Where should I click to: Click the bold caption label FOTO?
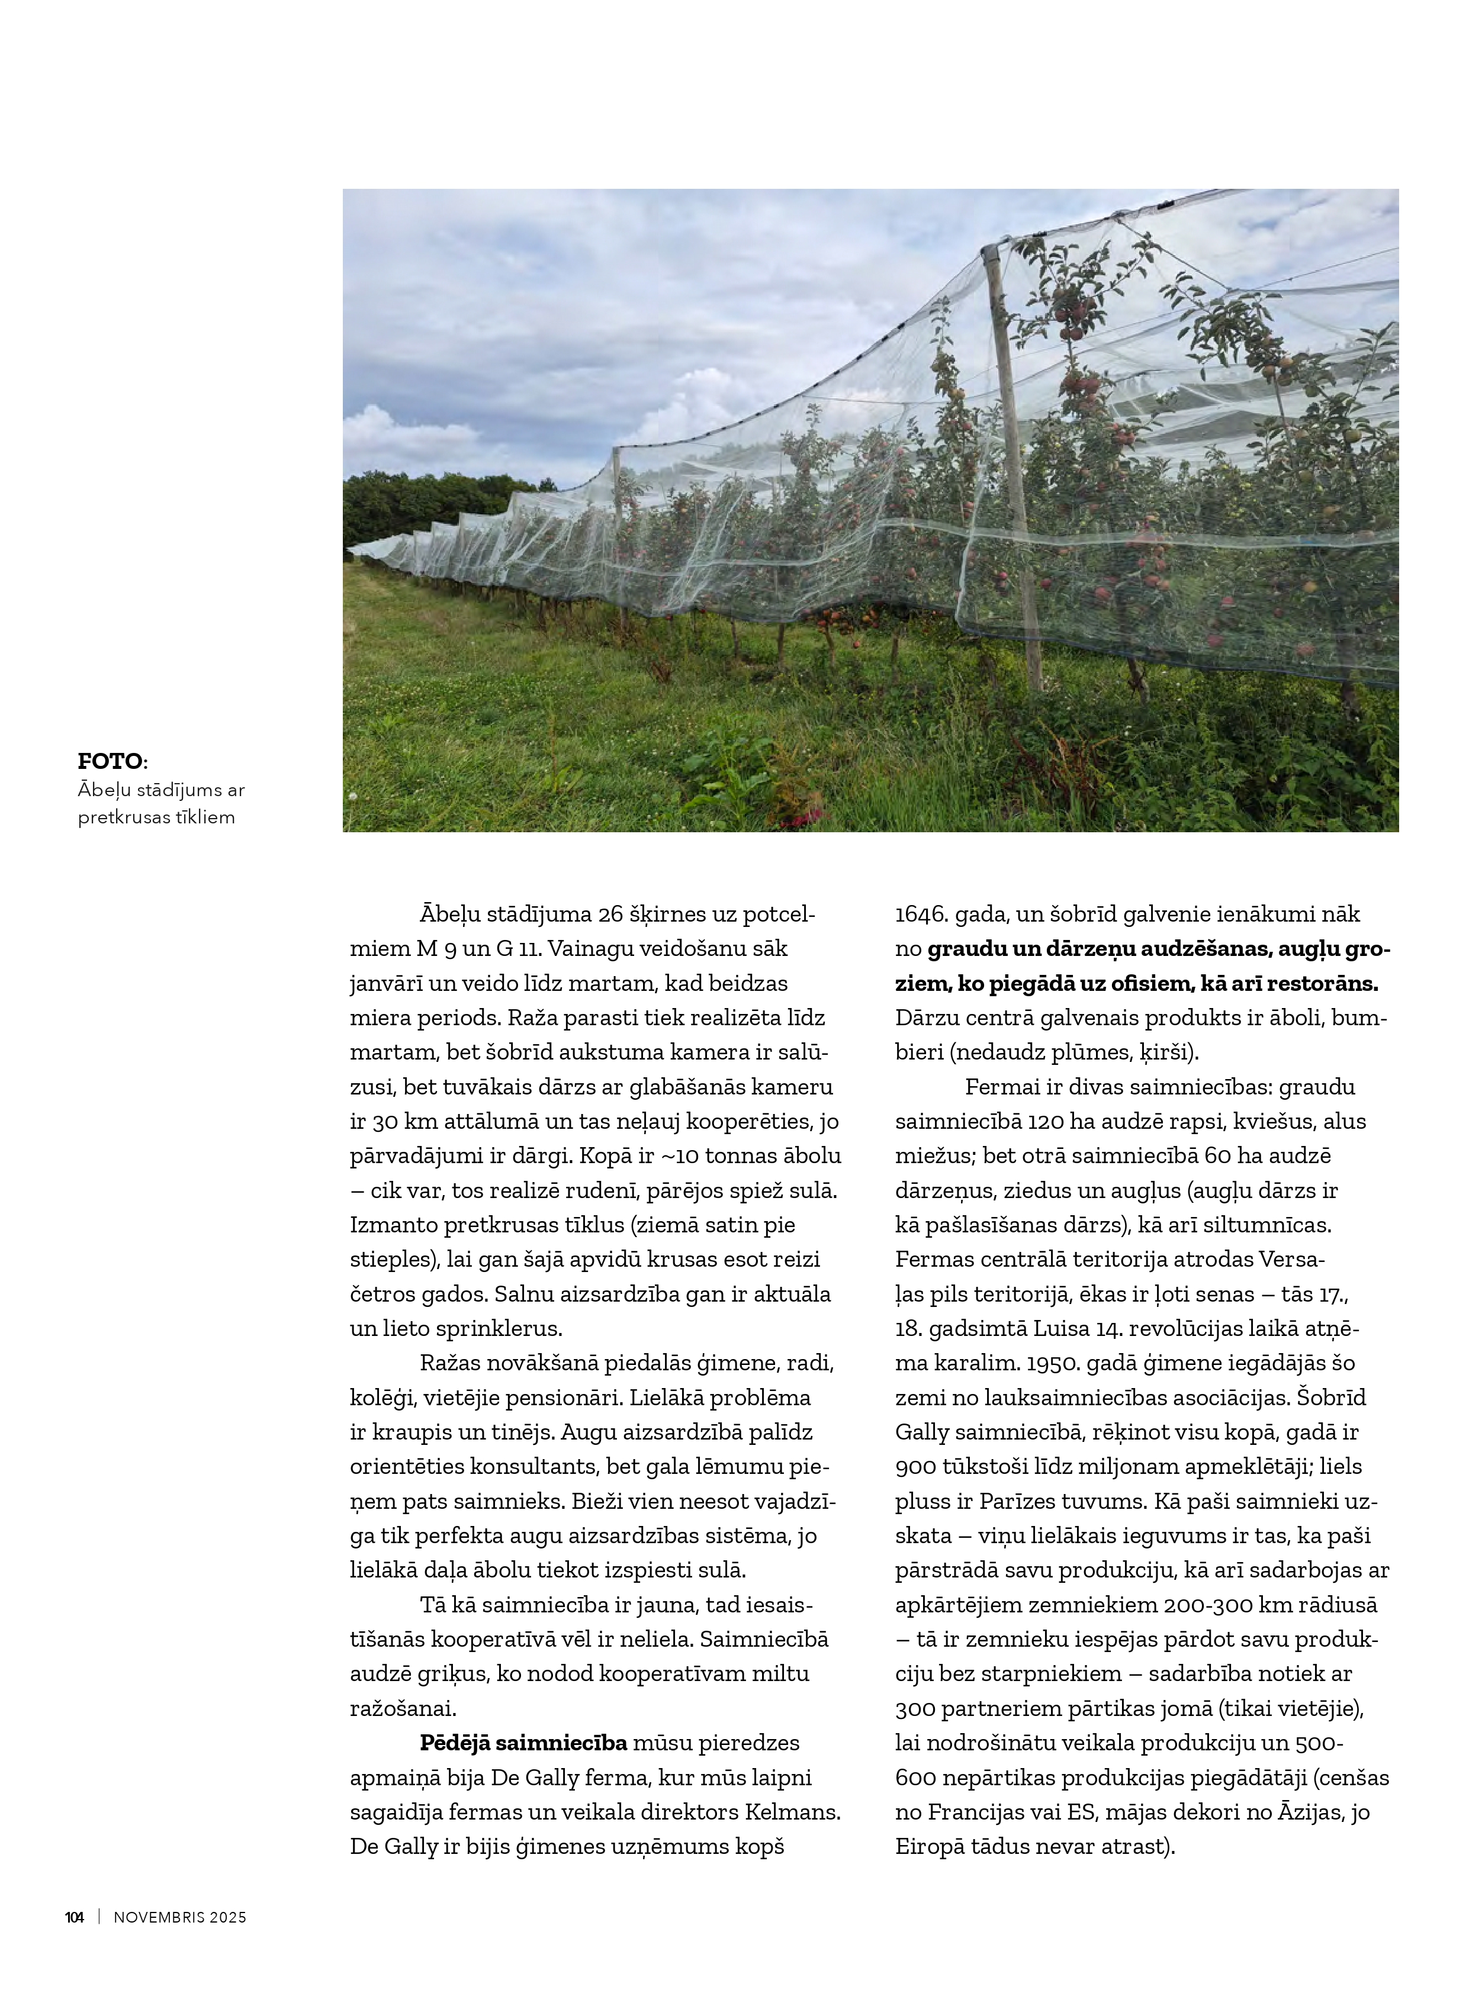click(111, 761)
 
